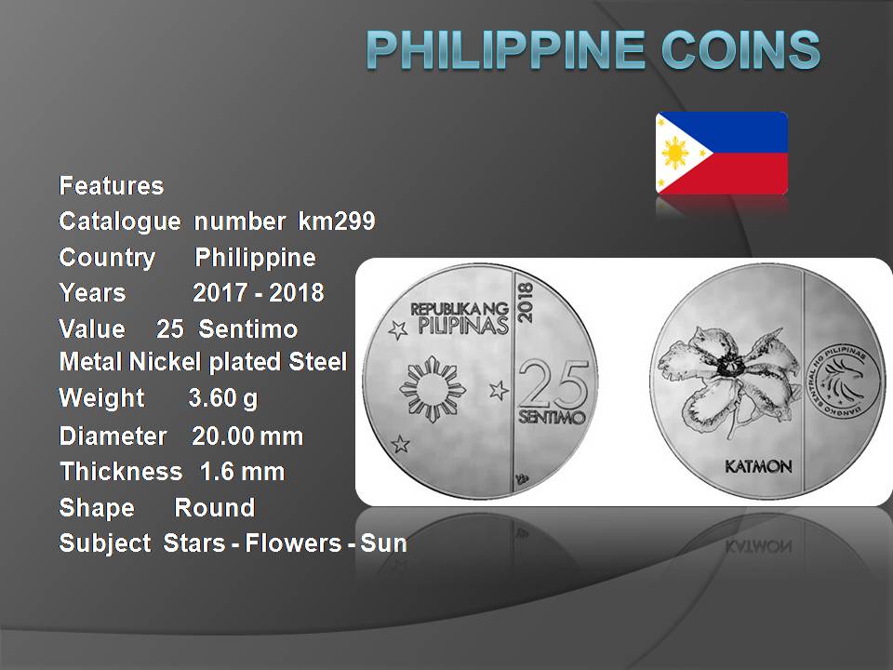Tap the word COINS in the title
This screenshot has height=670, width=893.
click(741, 49)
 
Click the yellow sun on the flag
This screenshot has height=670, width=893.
click(674, 153)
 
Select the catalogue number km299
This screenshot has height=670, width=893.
click(337, 221)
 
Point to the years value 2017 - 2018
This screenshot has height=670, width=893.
click(259, 293)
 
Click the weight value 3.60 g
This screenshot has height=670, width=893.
click(222, 399)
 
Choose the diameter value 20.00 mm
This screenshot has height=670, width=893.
click(247, 436)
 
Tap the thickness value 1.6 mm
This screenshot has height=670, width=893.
click(242, 472)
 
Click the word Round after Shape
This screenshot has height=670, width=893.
click(214, 508)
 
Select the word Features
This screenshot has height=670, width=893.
click(112, 186)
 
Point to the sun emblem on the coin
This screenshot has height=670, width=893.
click(433, 390)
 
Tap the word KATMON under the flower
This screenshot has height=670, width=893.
click(758, 466)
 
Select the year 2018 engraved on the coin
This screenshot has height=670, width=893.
click(525, 302)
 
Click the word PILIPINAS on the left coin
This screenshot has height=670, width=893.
click(462, 326)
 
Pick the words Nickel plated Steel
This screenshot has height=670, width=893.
click(238, 362)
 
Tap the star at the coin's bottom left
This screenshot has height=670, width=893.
click(400, 443)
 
